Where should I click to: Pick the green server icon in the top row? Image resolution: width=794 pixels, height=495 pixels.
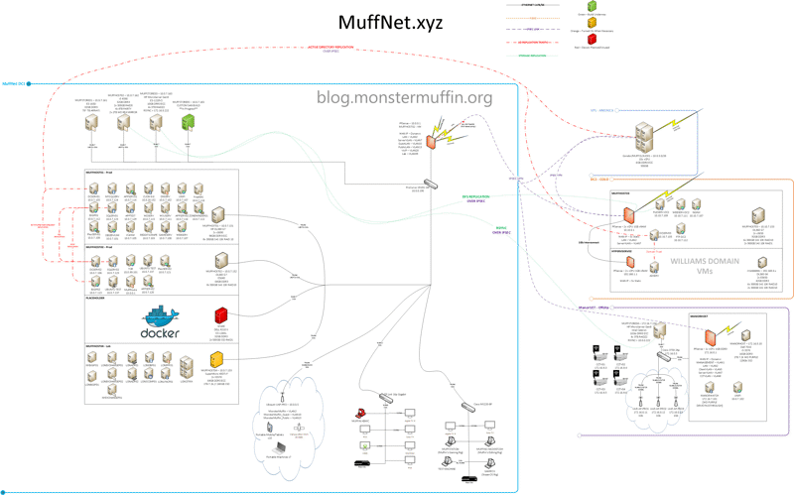[188, 123]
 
